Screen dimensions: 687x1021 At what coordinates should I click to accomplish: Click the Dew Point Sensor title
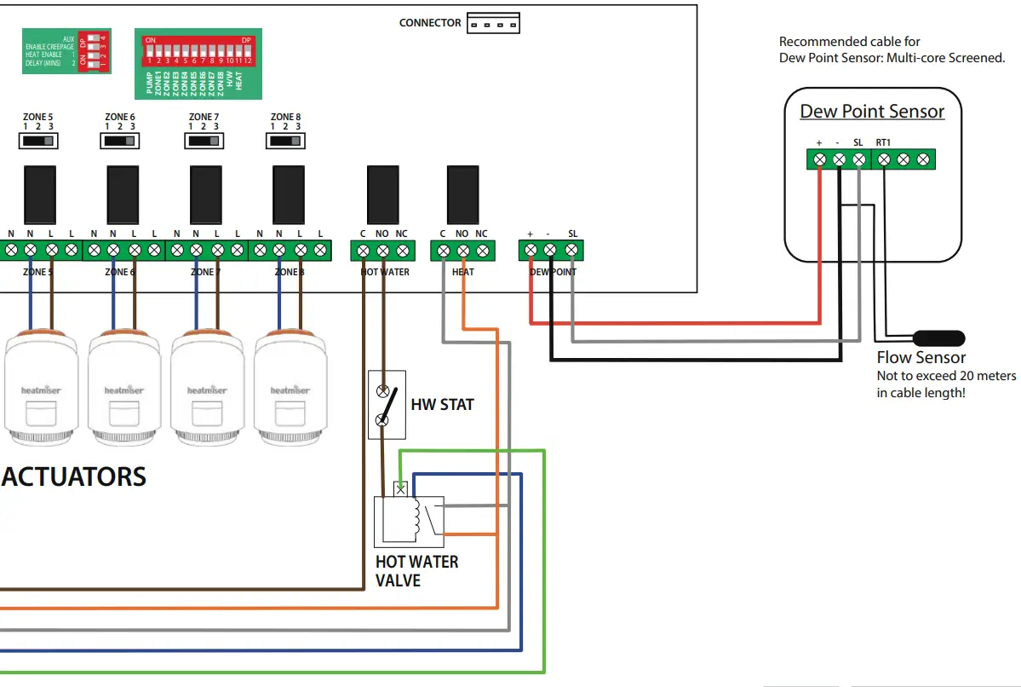pyautogui.click(x=872, y=112)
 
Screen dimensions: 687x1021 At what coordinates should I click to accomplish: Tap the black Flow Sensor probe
pyautogui.click(x=938, y=338)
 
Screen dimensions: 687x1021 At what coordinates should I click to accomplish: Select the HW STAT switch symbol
pyautogui.click(x=387, y=405)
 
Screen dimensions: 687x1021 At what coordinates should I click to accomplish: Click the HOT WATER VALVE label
pyautogui.click(x=416, y=571)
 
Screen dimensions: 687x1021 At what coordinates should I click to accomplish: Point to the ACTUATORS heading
pyautogui.click(x=74, y=476)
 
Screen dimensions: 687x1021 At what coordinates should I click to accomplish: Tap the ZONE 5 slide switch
pyautogui.click(x=37, y=140)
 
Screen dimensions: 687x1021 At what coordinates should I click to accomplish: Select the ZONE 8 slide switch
pyautogui.click(x=285, y=140)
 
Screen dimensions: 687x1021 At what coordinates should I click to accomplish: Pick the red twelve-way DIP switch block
pyautogui.click(x=198, y=51)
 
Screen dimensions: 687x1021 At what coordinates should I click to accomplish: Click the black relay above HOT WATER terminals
pyautogui.click(x=382, y=194)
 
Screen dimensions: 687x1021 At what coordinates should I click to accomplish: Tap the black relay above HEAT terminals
pyautogui.click(x=462, y=194)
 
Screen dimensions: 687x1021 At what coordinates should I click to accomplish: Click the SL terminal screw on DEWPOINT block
pyautogui.click(x=571, y=251)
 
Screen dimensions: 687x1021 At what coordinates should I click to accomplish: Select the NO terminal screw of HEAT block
pyautogui.click(x=462, y=251)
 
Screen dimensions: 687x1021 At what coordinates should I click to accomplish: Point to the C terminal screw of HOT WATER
pyautogui.click(x=363, y=251)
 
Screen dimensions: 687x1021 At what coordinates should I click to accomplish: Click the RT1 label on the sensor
pyautogui.click(x=883, y=143)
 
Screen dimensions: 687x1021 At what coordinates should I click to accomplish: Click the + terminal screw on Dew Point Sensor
pyautogui.click(x=819, y=159)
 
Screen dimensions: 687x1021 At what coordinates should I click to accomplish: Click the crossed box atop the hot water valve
pyautogui.click(x=401, y=489)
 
